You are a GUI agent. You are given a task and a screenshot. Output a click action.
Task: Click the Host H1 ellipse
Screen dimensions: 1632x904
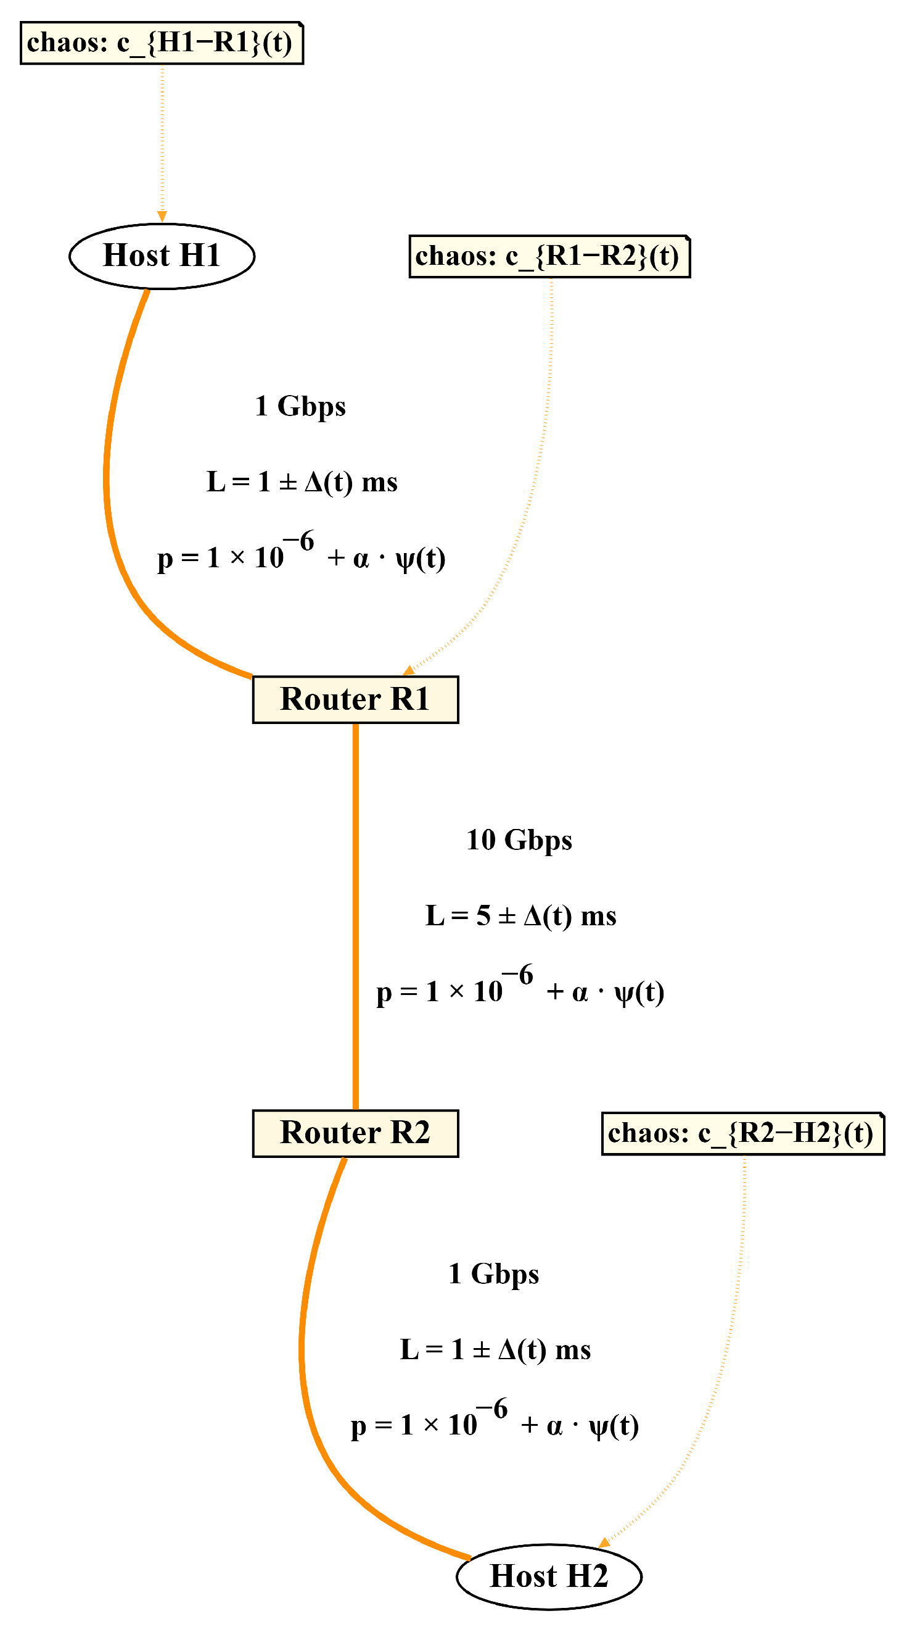[x=162, y=256]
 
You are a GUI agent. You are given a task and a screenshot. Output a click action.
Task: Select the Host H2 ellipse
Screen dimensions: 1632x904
[x=549, y=1576]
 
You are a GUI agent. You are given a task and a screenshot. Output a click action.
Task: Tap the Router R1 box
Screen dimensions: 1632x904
[x=355, y=699]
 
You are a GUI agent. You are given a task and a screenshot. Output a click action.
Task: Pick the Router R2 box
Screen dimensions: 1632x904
[x=355, y=1133]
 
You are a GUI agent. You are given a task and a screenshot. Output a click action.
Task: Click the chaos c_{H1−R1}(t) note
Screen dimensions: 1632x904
[x=162, y=43]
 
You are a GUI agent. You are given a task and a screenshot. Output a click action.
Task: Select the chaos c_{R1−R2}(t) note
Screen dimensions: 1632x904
[x=549, y=256]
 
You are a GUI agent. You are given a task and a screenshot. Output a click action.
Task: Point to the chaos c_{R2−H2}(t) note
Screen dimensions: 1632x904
[x=742, y=1133]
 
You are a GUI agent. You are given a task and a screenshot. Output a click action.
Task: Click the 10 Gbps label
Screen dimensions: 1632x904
[x=519, y=840]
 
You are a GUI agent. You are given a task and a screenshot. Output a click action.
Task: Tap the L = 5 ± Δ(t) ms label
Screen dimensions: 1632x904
[x=520, y=916]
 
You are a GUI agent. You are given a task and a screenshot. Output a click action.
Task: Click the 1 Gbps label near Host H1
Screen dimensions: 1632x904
[x=300, y=406]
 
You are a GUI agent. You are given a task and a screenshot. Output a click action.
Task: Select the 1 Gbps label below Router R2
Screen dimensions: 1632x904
[x=494, y=1273]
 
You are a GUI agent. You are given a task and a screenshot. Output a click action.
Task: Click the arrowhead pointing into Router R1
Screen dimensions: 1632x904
[x=409, y=671]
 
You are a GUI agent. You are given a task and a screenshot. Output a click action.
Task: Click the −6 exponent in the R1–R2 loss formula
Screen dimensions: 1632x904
[x=518, y=976]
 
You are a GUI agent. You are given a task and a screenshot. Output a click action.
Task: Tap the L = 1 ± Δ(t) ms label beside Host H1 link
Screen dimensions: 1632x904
[x=302, y=482]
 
